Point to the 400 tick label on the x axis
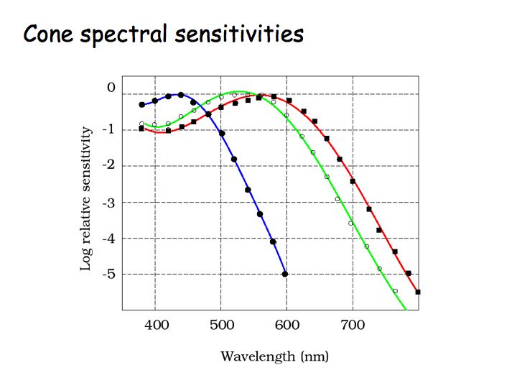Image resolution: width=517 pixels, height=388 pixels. tap(157, 326)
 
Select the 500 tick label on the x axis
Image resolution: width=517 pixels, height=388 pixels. tap(222, 326)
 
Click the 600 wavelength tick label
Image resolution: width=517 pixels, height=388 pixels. tap(287, 326)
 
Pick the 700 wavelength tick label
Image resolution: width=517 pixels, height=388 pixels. tap(353, 326)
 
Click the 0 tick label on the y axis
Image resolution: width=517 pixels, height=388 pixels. tap(111, 87)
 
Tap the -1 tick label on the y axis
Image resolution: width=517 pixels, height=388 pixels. tap(108, 129)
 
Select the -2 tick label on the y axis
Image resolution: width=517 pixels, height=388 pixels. tap(108, 165)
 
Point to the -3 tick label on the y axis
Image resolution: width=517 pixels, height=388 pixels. tap(108, 202)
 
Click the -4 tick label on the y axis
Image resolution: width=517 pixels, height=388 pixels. tap(108, 238)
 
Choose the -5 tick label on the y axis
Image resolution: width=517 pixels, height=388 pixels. tap(108, 274)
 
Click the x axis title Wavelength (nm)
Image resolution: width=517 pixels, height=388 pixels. tap(274, 356)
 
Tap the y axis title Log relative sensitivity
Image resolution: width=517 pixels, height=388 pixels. tap(86, 199)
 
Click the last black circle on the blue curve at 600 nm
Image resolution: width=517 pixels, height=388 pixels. tap(286, 274)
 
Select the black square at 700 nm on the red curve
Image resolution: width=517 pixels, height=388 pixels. tap(353, 181)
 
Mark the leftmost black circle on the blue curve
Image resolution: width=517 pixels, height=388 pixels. tap(142, 105)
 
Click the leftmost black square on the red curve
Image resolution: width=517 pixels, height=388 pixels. tap(142, 129)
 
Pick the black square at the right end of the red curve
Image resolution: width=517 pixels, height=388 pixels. tap(418, 292)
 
